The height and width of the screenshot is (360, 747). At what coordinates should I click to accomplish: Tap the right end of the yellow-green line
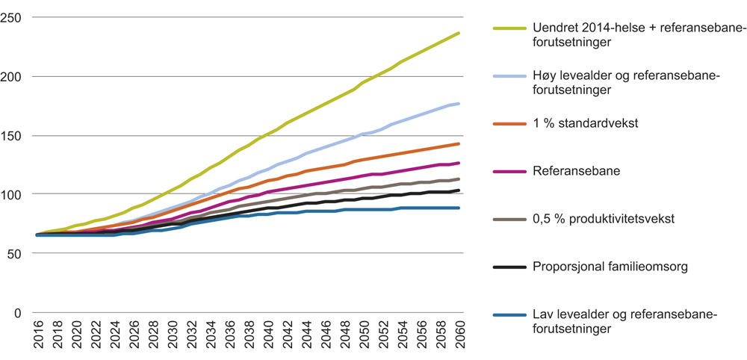(x=459, y=33)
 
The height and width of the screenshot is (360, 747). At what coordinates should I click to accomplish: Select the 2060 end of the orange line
(x=459, y=143)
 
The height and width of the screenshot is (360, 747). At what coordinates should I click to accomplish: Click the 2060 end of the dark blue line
(x=459, y=208)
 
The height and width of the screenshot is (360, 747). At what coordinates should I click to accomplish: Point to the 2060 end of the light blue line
(x=459, y=103)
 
